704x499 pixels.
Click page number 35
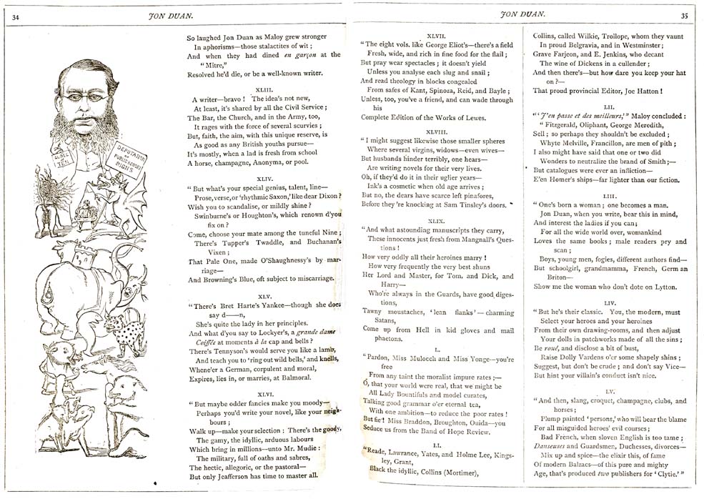pyautogui.click(x=684, y=15)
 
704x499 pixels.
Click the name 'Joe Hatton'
pyautogui.click(x=639, y=91)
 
